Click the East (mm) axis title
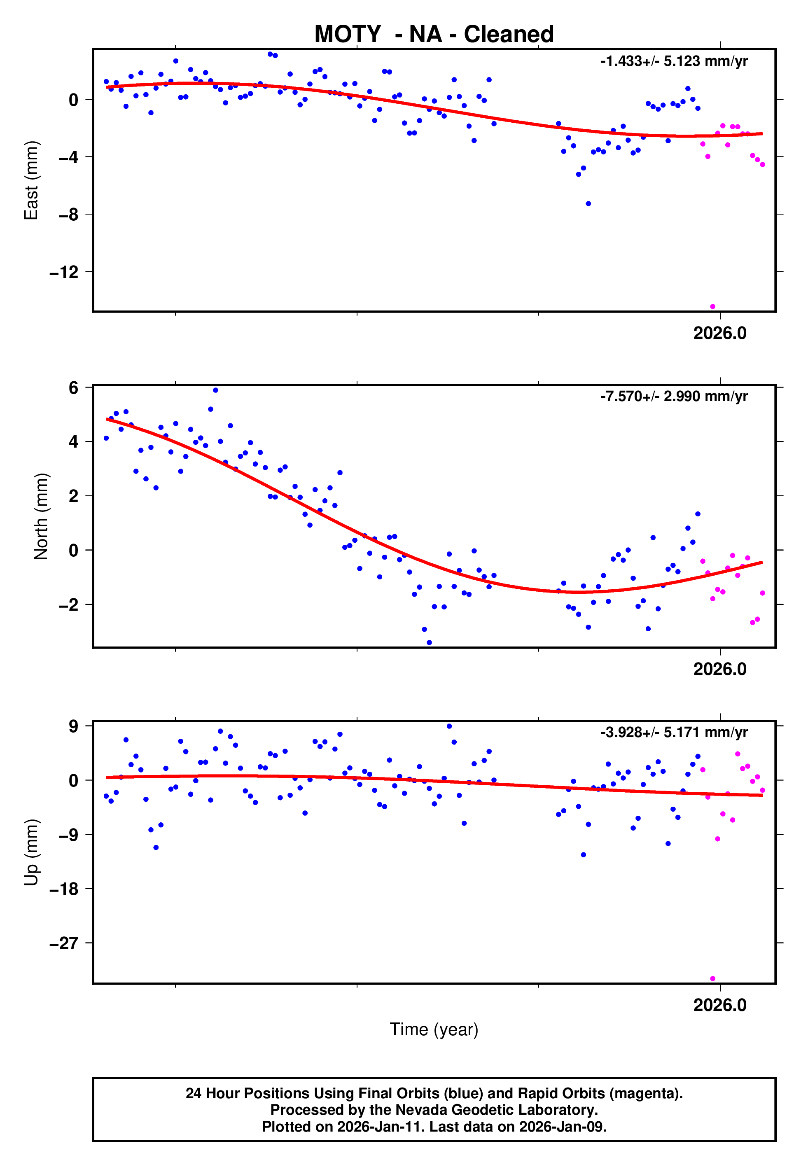pyautogui.click(x=31, y=180)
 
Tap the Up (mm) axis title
pyautogui.click(x=31, y=852)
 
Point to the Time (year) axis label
pyautogui.click(x=434, y=1029)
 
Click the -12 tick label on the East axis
pyautogui.click(x=64, y=273)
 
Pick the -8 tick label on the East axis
pyautogui.click(x=69, y=215)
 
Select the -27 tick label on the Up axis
pyautogui.click(x=64, y=943)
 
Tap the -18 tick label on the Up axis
pyautogui.click(x=64, y=889)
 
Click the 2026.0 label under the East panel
pyautogui.click(x=719, y=334)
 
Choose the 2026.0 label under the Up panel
pyautogui.click(x=719, y=1005)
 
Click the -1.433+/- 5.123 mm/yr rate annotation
pyautogui.click(x=674, y=61)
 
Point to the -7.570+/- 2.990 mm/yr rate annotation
pyautogui.click(x=674, y=396)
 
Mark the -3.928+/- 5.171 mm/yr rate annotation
pyautogui.click(x=674, y=732)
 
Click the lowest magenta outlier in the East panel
pyautogui.click(x=712, y=307)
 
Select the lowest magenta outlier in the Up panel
pyautogui.click(x=712, y=979)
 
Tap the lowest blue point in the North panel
pyautogui.click(x=429, y=643)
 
